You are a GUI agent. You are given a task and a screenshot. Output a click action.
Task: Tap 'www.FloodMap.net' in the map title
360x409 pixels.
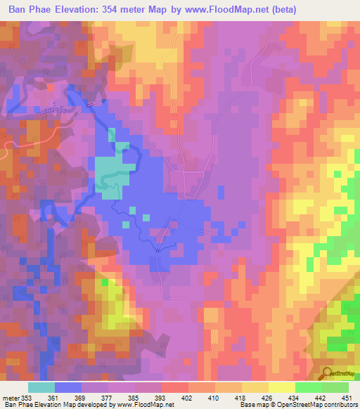point(227,10)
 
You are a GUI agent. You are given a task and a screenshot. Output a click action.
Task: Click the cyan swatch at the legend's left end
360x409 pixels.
point(41,387)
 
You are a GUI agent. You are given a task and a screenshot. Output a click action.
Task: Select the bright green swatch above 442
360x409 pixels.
point(308,387)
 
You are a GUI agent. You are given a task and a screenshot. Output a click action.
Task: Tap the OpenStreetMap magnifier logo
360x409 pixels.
point(328,373)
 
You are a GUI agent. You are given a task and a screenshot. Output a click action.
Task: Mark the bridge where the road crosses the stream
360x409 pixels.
point(158,247)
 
